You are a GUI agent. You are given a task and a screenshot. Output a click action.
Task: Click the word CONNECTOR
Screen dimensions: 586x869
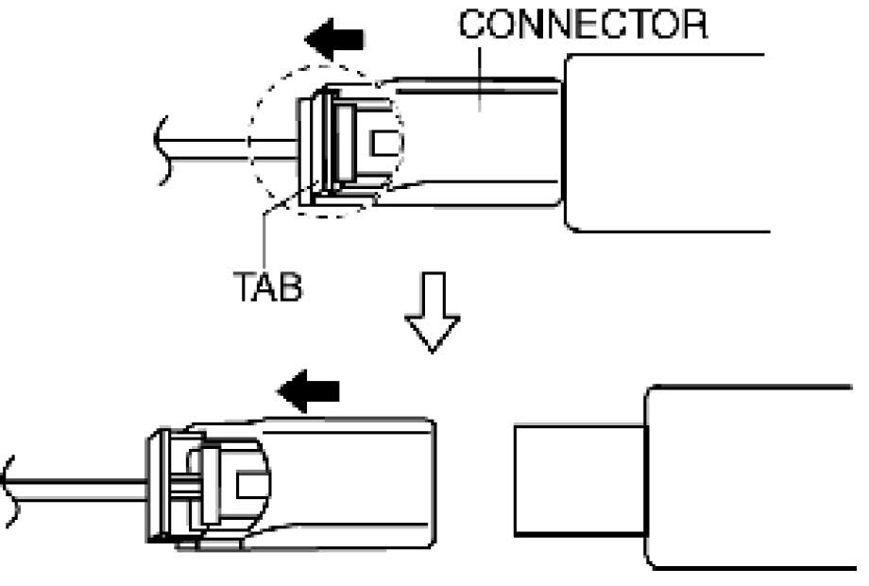tap(582, 25)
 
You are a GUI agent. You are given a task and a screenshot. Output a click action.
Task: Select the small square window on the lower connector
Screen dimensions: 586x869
tap(248, 484)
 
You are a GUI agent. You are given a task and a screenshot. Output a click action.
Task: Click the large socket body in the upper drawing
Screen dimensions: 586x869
tap(661, 142)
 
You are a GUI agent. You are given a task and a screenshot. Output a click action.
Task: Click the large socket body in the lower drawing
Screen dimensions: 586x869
tap(746, 477)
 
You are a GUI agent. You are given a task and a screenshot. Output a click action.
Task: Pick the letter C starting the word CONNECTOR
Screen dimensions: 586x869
tap(470, 25)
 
